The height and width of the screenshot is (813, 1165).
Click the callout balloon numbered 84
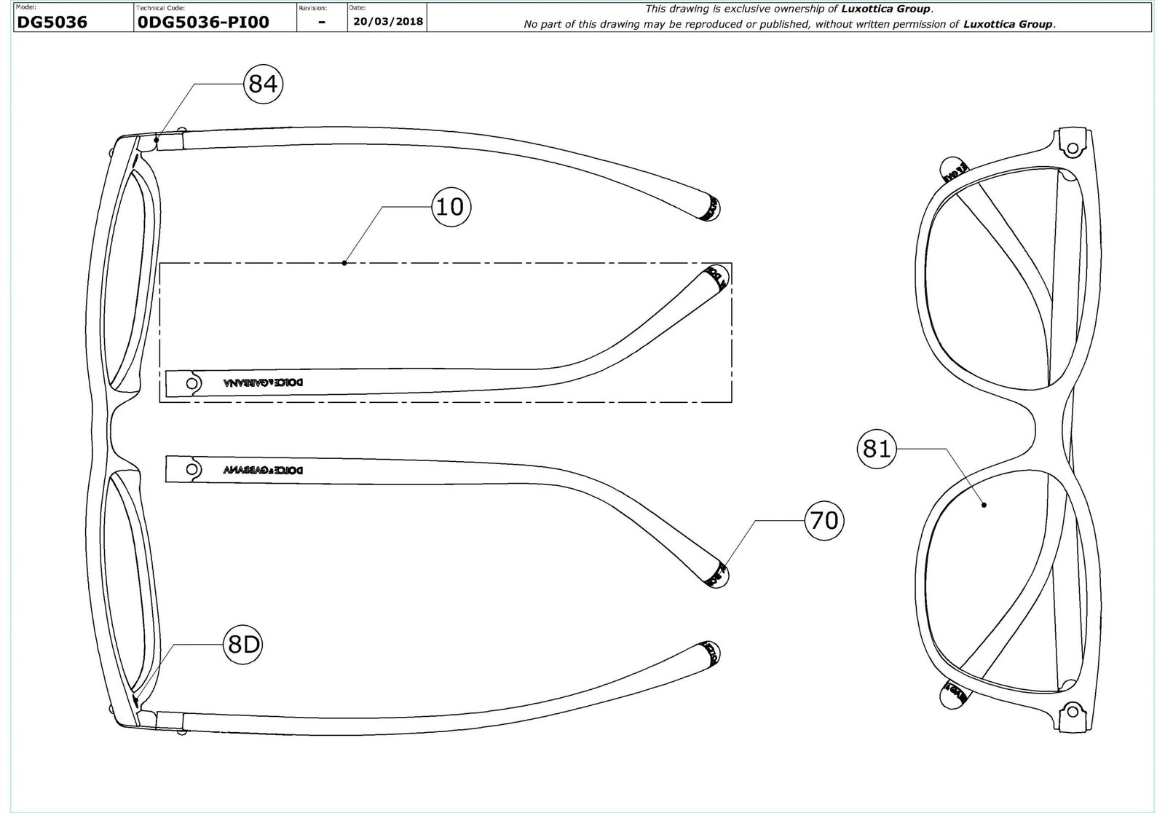click(x=263, y=85)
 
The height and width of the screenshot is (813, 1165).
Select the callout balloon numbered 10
click(x=451, y=207)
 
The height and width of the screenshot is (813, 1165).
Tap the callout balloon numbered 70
click(x=824, y=520)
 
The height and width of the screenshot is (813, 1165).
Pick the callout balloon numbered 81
click(x=877, y=449)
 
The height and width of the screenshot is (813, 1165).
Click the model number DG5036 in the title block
click(x=52, y=22)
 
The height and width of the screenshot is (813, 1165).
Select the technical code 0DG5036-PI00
click(x=203, y=22)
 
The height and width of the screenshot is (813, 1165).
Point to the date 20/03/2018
click(x=387, y=21)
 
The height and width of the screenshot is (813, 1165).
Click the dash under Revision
click(x=322, y=23)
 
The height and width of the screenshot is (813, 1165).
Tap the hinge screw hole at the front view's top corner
click(x=1072, y=148)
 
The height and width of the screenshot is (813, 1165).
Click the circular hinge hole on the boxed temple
click(x=192, y=382)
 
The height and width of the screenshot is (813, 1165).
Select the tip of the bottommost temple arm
click(x=710, y=653)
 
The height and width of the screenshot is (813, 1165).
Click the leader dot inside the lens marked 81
click(x=984, y=504)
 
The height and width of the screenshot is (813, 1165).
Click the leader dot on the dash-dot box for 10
click(x=344, y=262)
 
